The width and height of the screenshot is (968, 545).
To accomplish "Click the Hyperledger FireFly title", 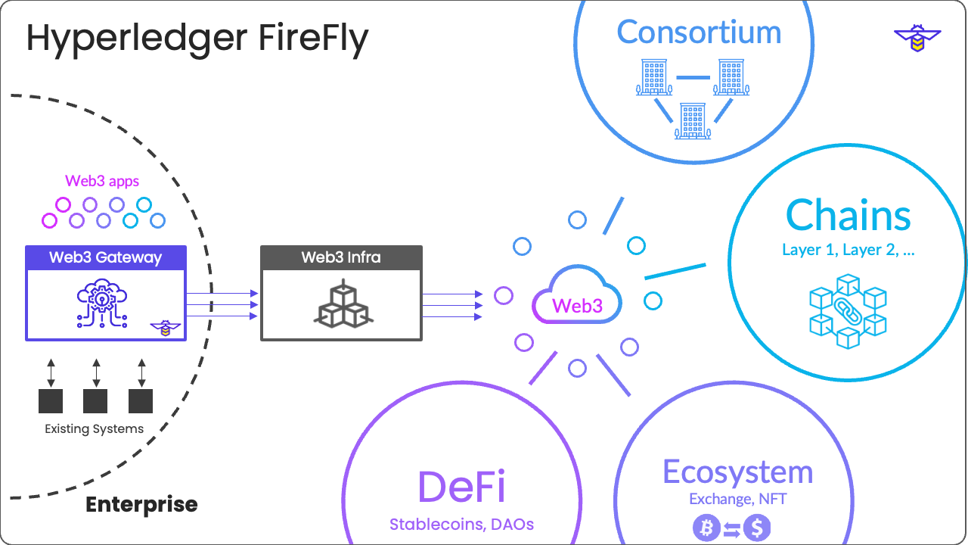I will pyautogui.click(x=197, y=39).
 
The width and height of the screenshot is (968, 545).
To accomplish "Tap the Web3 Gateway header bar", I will pyautogui.click(x=105, y=257).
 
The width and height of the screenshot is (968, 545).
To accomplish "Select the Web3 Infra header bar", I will pyautogui.click(x=341, y=257).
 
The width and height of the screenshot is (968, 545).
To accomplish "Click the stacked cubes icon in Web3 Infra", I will pyautogui.click(x=341, y=304).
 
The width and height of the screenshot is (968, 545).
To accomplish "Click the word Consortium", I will pyautogui.click(x=699, y=33).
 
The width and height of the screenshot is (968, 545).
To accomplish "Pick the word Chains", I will pyautogui.click(x=848, y=216).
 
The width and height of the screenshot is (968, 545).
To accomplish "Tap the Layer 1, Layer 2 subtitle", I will pyautogui.click(x=848, y=251).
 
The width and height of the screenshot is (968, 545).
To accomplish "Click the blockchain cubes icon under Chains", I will pyautogui.click(x=848, y=310).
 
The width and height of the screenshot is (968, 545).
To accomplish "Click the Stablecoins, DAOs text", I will pyautogui.click(x=461, y=524).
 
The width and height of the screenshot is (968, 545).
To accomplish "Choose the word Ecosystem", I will pyautogui.click(x=737, y=472).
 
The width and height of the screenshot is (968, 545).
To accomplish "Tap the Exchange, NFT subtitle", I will pyautogui.click(x=737, y=500).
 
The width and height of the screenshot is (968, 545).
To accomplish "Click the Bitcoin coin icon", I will pyautogui.click(x=706, y=528).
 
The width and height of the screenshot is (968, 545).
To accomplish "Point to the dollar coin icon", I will pyautogui.click(x=756, y=528).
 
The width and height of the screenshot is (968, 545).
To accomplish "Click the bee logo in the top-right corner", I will pyautogui.click(x=917, y=38).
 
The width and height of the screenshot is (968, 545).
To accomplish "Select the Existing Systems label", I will pyautogui.click(x=94, y=429).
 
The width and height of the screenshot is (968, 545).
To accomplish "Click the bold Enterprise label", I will pyautogui.click(x=141, y=505).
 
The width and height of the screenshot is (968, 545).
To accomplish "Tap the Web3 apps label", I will pyautogui.click(x=102, y=182).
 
